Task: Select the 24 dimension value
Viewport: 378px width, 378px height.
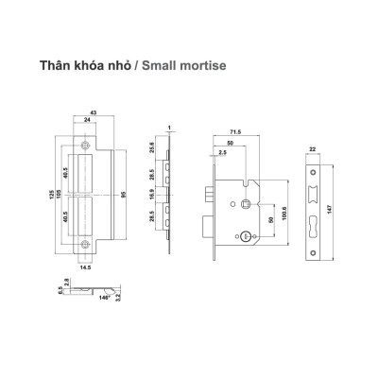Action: pyautogui.click(x=86, y=120)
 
